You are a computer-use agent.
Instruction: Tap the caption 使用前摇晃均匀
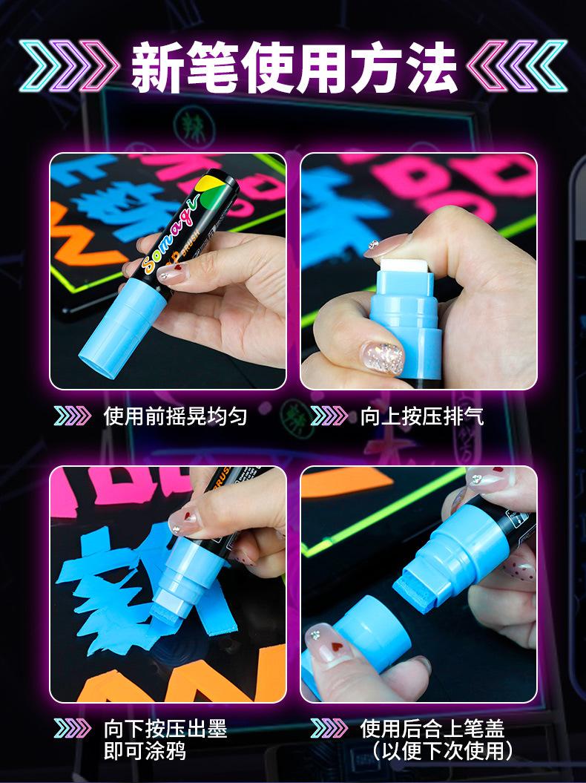(175, 416)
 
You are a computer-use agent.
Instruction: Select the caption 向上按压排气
(422, 416)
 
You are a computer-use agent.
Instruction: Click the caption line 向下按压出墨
(165, 729)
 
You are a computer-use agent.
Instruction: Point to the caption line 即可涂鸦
(145, 750)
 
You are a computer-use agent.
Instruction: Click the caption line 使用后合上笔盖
(432, 729)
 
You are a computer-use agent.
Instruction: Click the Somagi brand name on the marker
(171, 233)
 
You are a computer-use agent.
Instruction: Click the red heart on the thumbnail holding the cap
(338, 647)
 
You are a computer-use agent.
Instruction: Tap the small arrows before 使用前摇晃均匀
(73, 416)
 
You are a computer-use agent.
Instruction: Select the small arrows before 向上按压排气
(329, 416)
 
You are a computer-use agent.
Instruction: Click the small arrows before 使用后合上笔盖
(329, 729)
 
